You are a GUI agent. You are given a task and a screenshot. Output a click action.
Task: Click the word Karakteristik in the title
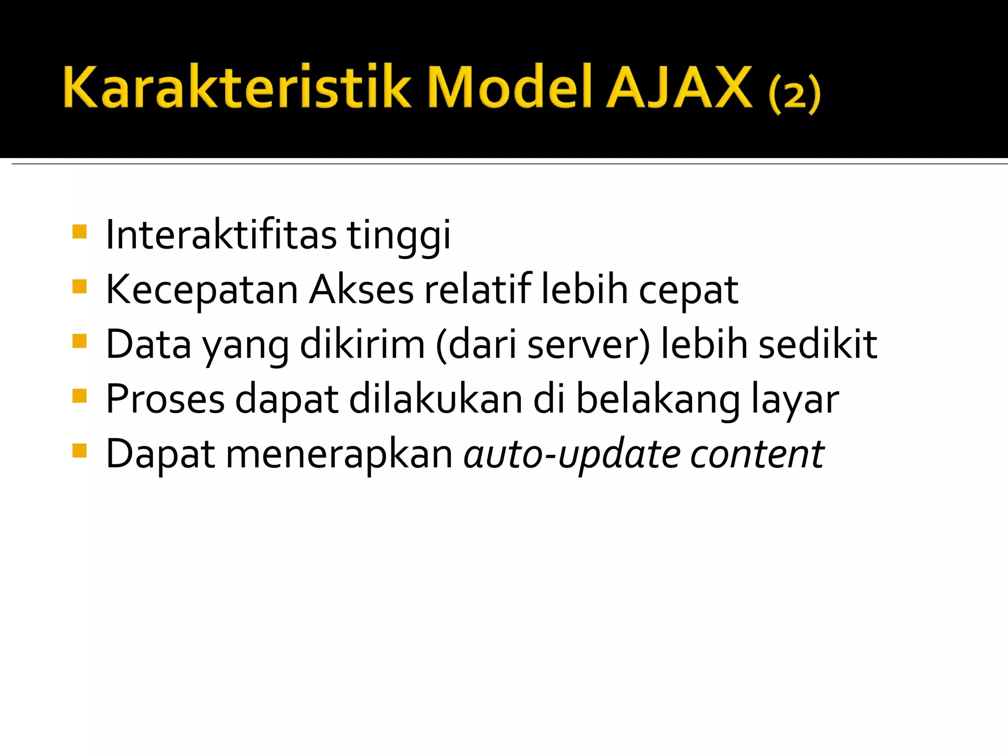(x=236, y=87)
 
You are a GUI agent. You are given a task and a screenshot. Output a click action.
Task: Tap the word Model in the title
(x=509, y=87)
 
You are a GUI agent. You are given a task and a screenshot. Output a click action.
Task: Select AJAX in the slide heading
(x=679, y=87)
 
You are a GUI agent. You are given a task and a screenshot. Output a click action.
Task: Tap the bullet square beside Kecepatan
(x=79, y=286)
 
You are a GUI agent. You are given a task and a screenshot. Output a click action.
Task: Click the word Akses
(x=362, y=290)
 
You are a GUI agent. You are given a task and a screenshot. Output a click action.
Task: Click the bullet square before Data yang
(x=79, y=341)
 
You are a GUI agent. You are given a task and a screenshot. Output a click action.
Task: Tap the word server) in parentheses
(x=589, y=345)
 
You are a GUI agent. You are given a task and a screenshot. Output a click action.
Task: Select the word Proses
(x=165, y=399)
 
